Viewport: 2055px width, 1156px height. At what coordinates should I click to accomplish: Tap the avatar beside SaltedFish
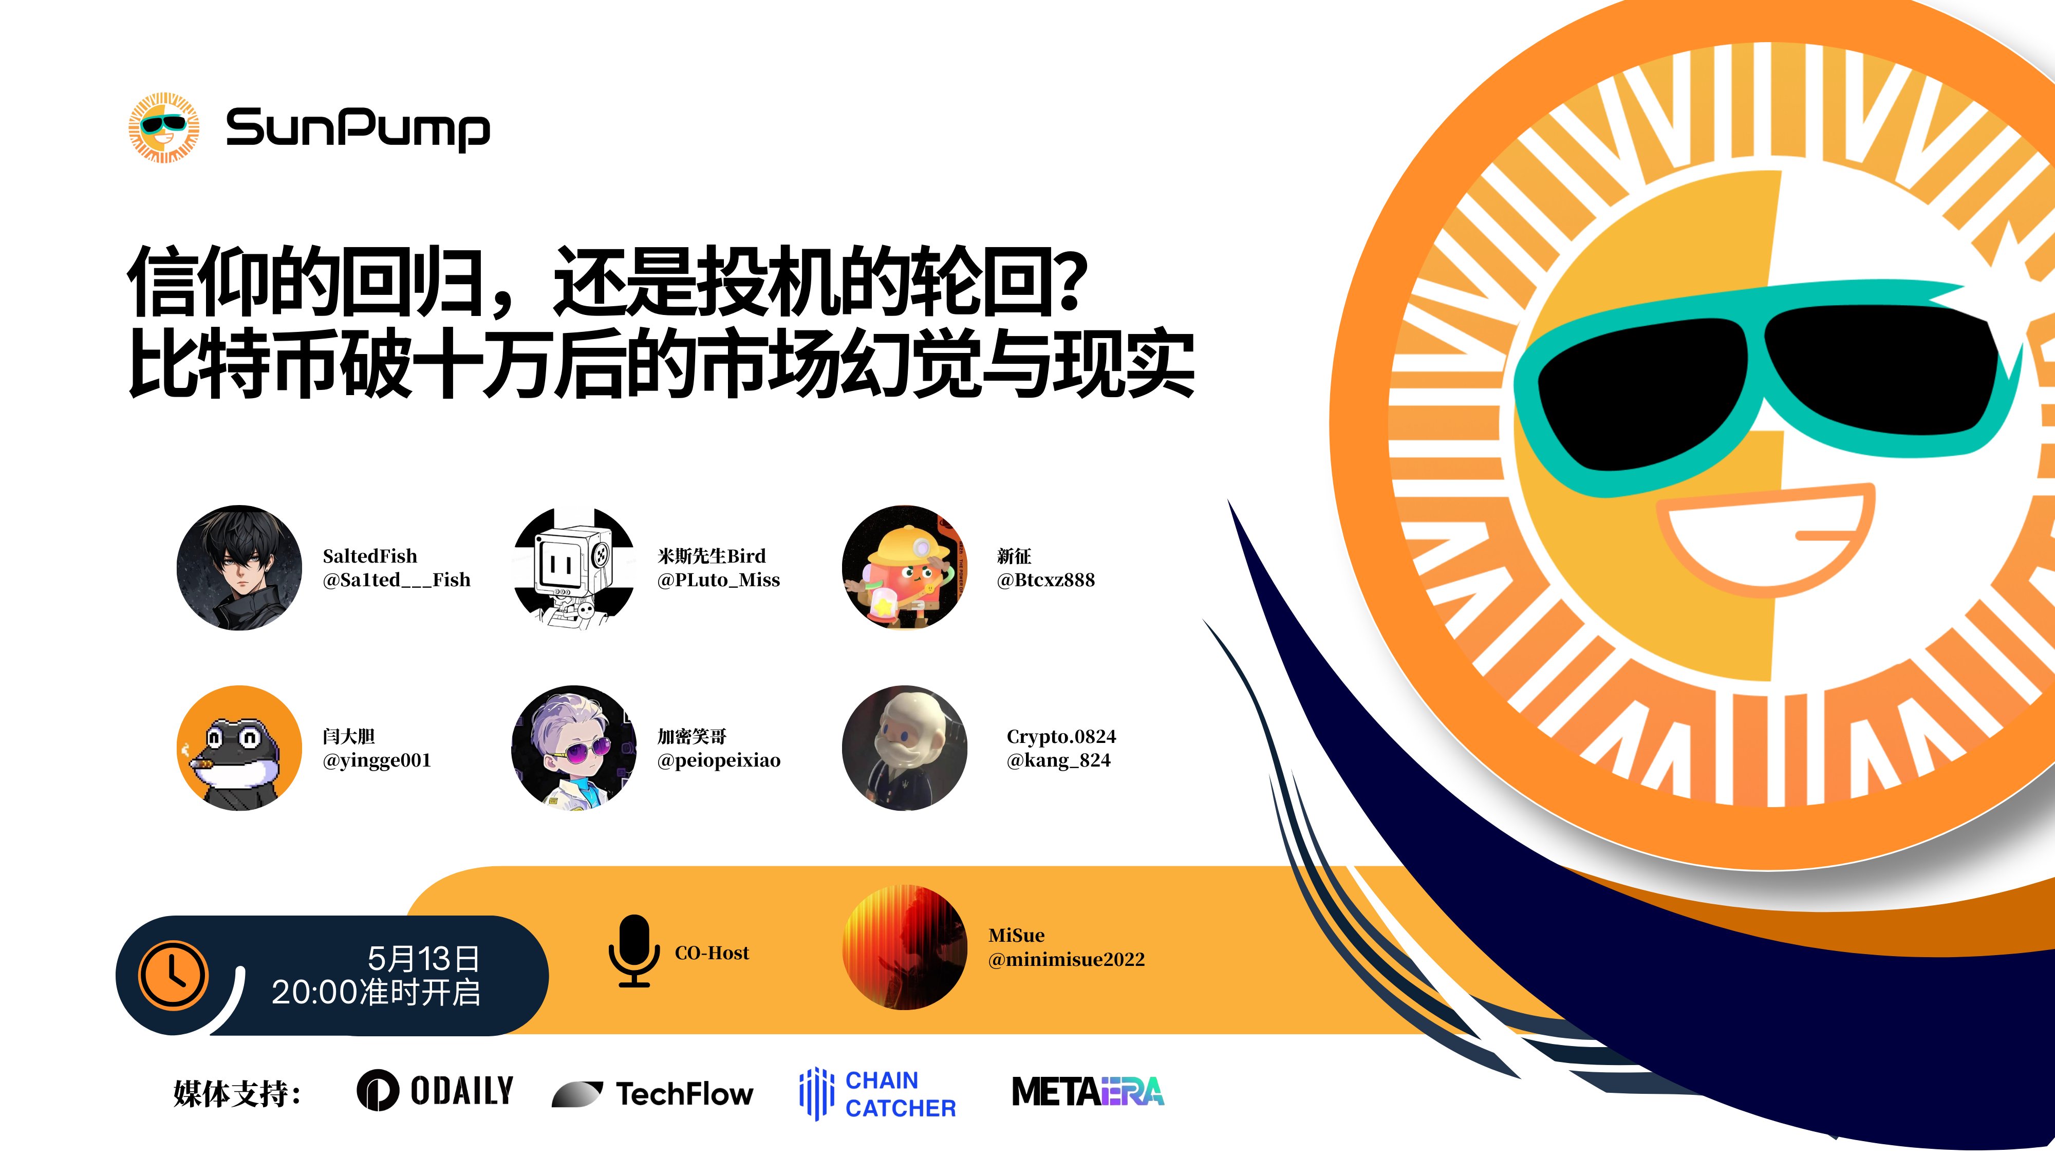coord(239,567)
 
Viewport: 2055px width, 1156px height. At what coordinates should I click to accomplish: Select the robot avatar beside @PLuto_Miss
coord(573,567)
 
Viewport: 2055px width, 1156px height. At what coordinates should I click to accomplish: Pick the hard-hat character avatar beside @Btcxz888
coord(904,567)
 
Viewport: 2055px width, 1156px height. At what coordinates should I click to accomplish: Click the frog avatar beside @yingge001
coord(239,748)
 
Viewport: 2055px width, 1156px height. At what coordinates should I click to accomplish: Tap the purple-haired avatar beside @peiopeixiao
coord(573,748)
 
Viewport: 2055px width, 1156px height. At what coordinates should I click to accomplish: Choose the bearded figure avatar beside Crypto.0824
coord(904,748)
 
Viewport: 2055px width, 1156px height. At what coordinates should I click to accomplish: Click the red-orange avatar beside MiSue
coord(904,947)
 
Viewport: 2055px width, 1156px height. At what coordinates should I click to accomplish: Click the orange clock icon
coord(173,975)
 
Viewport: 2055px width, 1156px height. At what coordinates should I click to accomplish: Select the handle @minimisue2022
coord(1066,960)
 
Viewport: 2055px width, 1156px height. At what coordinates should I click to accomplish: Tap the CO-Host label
coord(712,953)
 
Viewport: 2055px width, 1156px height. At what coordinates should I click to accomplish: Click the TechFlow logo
coord(652,1093)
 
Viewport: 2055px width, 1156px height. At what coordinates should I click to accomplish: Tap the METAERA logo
coord(1087,1091)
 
